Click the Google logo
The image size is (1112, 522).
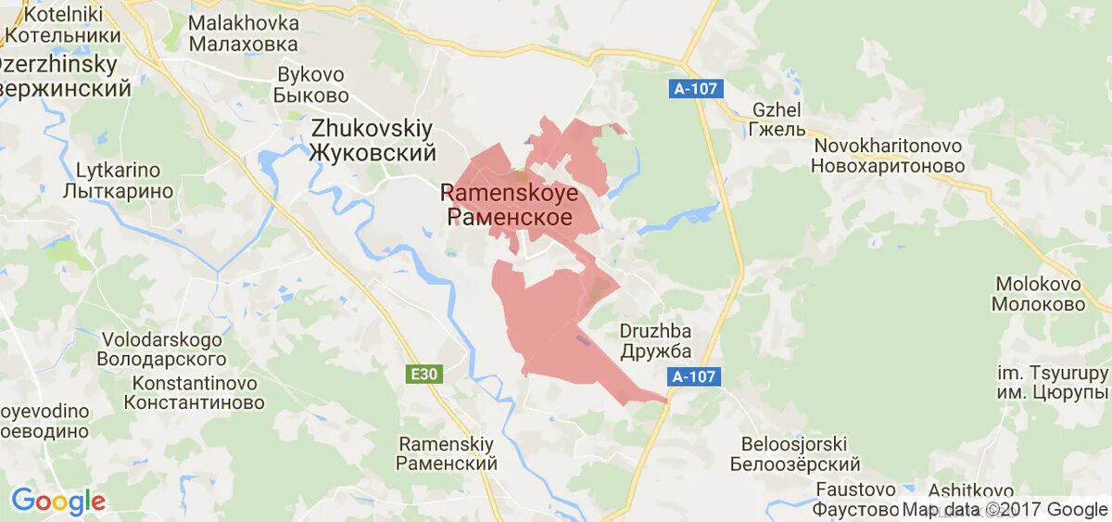point(57,502)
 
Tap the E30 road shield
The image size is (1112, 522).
point(425,374)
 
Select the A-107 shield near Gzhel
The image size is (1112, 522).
point(694,89)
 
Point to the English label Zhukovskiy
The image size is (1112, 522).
point(372,128)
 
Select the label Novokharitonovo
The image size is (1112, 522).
point(887,146)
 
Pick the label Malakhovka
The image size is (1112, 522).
point(244,23)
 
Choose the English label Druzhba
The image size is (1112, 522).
point(654,331)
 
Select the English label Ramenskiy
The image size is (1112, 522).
point(447,443)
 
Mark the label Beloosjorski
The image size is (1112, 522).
point(794,444)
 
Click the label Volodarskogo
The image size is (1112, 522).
point(162,338)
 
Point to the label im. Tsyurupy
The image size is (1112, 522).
point(1053,373)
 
